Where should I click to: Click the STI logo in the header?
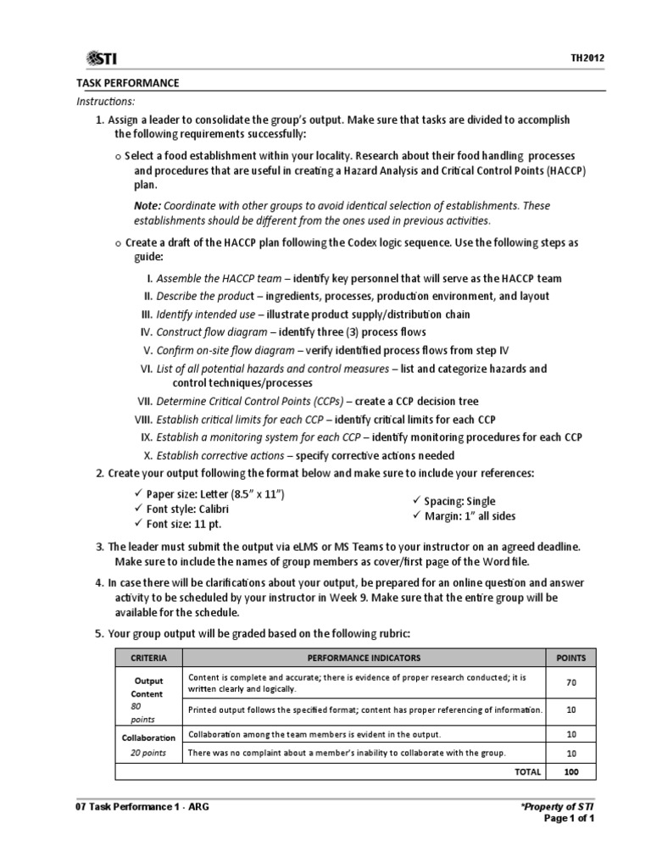coord(102,58)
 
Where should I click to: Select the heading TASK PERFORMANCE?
coord(127,83)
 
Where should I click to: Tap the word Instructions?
coord(105,101)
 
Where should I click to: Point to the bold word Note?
coord(147,206)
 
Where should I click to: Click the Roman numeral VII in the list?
coord(144,402)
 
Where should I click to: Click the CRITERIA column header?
coord(148,658)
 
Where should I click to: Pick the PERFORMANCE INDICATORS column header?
coord(364,658)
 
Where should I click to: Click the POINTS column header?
coord(570,658)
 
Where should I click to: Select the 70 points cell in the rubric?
coord(570,683)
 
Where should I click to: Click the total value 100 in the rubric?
coord(570,771)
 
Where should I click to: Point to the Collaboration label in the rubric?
coord(148,737)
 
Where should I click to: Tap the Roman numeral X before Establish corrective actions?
coord(148,455)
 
